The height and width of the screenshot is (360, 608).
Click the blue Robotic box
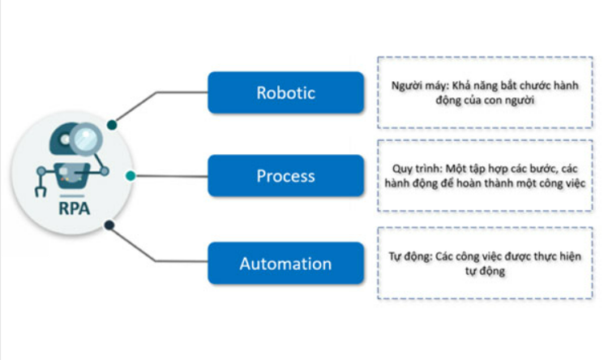tap(286, 92)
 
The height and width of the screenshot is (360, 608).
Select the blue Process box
tap(286, 176)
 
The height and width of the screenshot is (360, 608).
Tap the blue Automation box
tap(286, 264)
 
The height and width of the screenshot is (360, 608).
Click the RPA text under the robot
tap(74, 208)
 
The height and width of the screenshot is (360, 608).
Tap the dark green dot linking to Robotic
tap(112, 125)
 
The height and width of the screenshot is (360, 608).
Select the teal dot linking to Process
tap(131, 176)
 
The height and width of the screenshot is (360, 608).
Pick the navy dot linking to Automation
tap(109, 225)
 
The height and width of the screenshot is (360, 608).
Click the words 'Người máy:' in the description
tap(420, 86)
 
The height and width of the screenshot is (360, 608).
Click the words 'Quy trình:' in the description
tap(417, 169)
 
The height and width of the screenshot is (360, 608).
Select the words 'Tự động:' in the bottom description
tap(411, 256)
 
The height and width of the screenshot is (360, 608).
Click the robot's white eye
tap(65, 139)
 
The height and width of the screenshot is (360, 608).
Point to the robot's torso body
tap(71, 175)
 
